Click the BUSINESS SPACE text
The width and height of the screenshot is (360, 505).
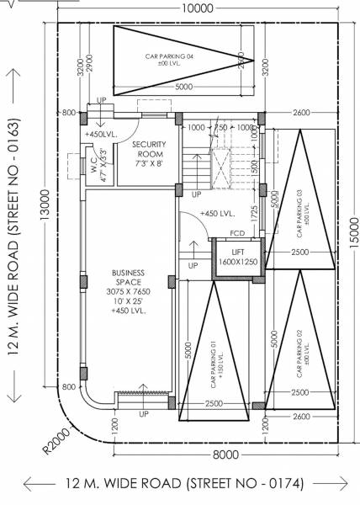[128, 279]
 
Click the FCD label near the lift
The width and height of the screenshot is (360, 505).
[237, 233]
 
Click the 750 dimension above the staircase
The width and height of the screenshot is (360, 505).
[220, 127]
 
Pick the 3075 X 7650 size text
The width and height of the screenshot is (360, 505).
[128, 290]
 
